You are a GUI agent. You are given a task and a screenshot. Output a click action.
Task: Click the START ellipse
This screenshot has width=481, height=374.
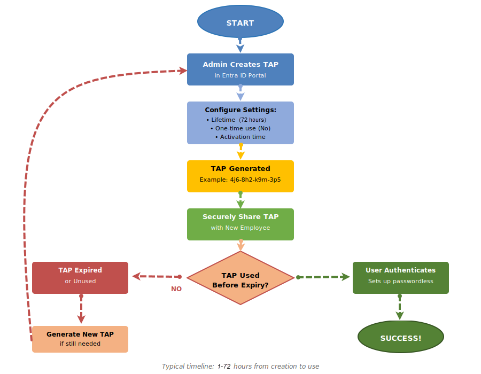tap(240, 22)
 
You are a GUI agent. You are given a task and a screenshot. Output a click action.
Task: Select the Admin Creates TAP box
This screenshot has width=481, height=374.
tap(240, 69)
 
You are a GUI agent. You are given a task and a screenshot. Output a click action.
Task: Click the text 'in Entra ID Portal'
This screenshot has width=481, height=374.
tap(240, 75)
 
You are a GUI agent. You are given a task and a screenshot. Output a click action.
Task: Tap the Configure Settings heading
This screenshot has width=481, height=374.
tap(240, 110)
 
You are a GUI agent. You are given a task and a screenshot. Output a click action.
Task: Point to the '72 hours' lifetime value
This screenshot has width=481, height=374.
tap(252, 120)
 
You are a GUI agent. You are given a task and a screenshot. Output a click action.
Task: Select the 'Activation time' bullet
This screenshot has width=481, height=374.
tap(242, 137)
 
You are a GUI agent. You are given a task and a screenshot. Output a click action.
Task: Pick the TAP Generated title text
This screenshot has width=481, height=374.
tap(240, 169)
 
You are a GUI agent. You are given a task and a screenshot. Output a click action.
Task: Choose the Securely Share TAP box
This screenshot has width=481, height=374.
tap(240, 224)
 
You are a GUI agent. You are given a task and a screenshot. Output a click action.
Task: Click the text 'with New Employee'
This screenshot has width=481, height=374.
tap(240, 228)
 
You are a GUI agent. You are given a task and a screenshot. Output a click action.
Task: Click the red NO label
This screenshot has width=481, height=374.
tap(176, 289)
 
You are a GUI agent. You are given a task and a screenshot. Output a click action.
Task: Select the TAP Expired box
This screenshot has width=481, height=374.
tap(80, 277)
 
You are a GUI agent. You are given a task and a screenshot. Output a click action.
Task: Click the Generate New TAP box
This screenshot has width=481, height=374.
tap(80, 339)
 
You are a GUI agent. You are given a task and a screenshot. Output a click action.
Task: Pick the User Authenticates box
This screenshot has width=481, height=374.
tap(400, 277)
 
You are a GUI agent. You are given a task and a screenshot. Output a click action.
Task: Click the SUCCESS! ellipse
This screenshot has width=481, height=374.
tap(400, 338)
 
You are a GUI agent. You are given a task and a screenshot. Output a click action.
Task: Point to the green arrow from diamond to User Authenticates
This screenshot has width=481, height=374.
tap(323, 277)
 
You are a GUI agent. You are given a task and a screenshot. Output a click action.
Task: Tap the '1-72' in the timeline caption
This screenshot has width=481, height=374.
tap(224, 367)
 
